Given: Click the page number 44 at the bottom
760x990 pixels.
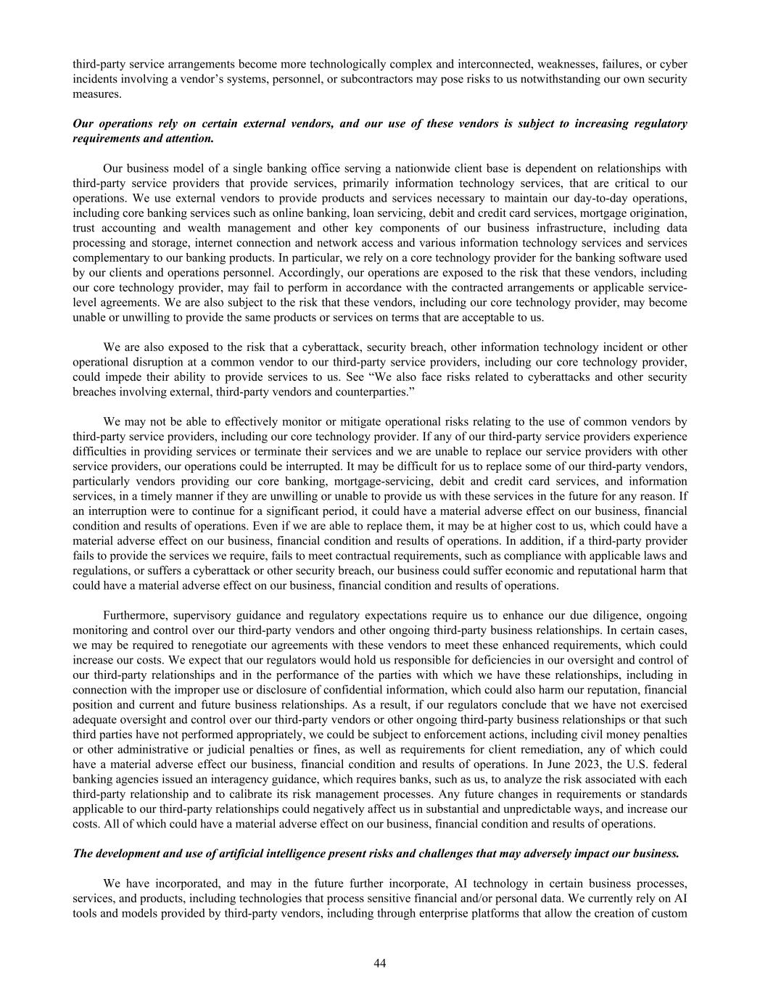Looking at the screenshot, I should click(x=379, y=962).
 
